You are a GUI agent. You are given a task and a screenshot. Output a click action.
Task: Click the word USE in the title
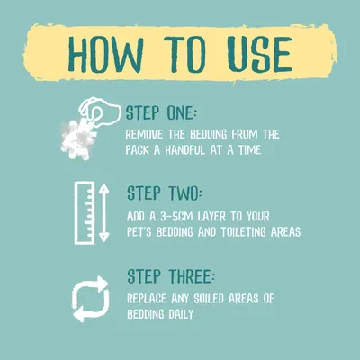point(259,55)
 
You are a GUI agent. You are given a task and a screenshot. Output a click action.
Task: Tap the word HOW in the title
point(106,55)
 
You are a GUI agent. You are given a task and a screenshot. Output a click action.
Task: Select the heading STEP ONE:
point(161,112)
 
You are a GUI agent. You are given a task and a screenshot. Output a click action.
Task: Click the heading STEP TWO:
point(165,193)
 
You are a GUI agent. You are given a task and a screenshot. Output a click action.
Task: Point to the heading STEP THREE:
point(171,276)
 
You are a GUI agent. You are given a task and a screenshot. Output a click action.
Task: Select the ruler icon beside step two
point(85,213)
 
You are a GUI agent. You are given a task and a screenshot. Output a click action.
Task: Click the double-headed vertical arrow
point(103,213)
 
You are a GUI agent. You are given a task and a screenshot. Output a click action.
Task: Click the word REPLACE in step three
point(147,299)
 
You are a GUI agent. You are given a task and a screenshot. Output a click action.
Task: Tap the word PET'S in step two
point(139,232)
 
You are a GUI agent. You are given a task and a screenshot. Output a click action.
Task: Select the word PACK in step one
point(137,150)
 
